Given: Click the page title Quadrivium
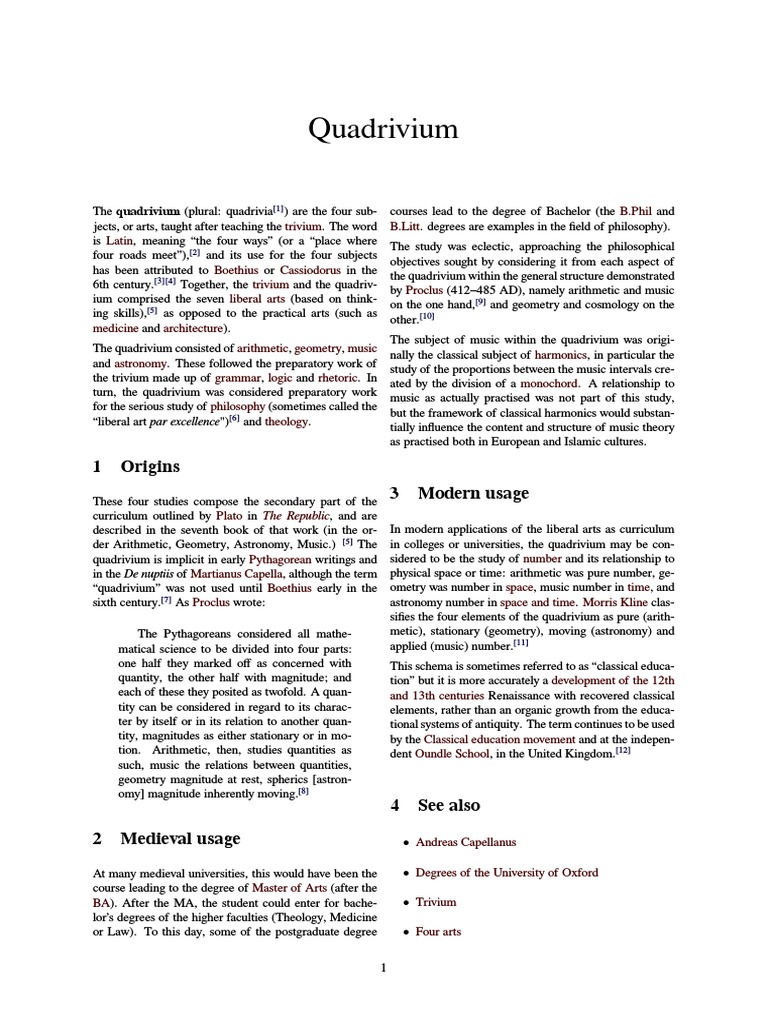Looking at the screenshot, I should (x=384, y=129).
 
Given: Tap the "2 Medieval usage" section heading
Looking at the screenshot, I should (x=166, y=838).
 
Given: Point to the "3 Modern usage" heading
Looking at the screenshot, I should (x=459, y=493).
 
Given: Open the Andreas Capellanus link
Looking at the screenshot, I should (x=466, y=843).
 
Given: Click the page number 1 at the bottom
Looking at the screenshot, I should (x=384, y=967).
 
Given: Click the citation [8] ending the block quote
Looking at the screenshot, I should (x=302, y=792).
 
